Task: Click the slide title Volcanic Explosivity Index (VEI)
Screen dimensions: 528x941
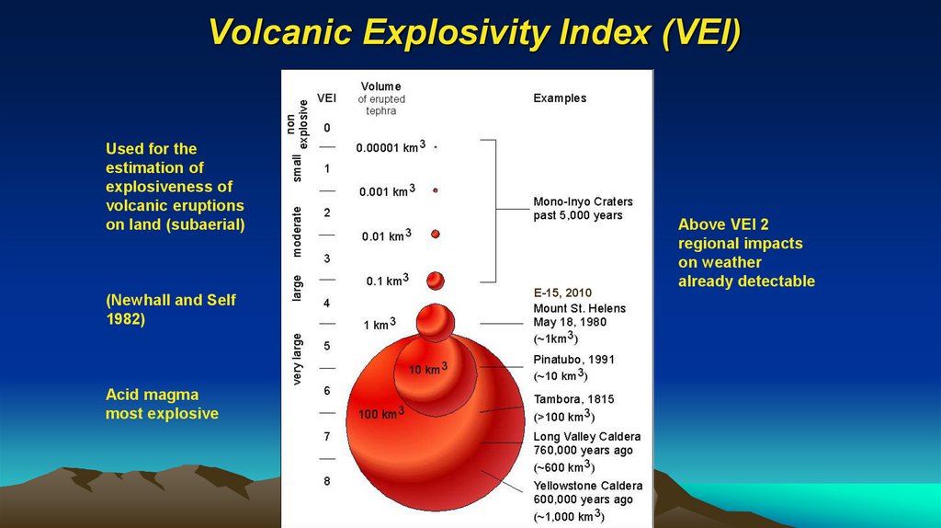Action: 474,32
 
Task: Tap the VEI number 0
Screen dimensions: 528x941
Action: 327,127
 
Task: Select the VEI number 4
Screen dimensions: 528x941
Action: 327,303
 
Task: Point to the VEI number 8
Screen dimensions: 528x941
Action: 327,481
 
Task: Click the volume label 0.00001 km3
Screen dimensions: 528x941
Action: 391,146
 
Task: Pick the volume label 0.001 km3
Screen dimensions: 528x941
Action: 387,191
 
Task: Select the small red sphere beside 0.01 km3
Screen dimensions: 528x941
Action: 436,234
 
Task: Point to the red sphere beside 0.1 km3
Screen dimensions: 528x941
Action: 435,280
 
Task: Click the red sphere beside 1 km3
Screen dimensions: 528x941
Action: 435,322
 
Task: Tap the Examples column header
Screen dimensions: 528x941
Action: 560,98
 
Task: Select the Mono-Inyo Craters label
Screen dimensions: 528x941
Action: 583,201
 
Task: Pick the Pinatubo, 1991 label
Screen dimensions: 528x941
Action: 573,360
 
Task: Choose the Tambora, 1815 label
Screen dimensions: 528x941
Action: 573,399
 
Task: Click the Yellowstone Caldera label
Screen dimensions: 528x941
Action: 588,486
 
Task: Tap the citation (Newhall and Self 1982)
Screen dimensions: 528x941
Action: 170,309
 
